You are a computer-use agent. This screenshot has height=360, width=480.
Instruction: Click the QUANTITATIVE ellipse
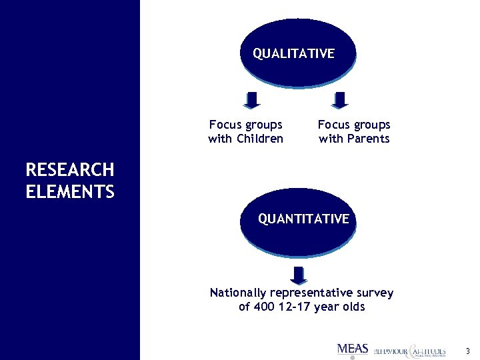tap(303, 219)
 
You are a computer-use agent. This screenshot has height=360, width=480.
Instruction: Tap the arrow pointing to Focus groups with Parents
tap(340, 100)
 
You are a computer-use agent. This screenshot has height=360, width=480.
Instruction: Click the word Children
tap(259, 139)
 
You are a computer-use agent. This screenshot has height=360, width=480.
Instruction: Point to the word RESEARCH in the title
tap(69, 170)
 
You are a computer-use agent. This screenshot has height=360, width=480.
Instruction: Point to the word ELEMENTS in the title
tap(70, 193)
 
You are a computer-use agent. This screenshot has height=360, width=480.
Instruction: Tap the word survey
tap(375, 293)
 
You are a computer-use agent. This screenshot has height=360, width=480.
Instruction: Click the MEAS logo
tap(353, 349)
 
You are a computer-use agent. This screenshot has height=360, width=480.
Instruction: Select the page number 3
tap(467, 351)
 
